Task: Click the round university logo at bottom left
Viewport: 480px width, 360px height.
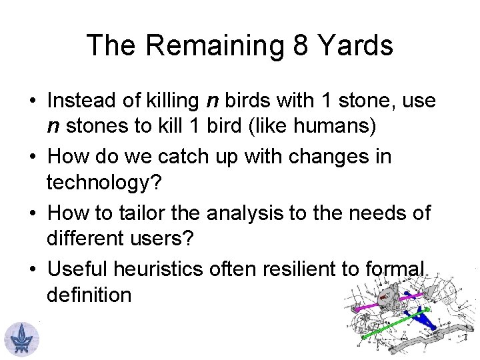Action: pyautogui.click(x=21, y=338)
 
